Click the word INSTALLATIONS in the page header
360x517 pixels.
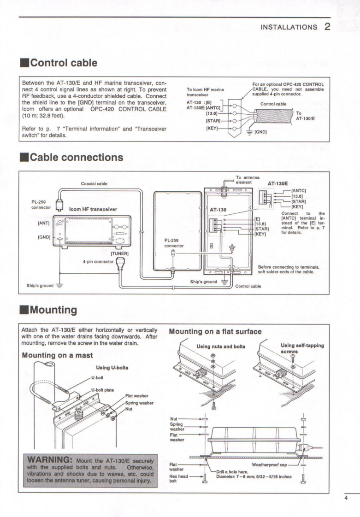(x=288, y=27)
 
